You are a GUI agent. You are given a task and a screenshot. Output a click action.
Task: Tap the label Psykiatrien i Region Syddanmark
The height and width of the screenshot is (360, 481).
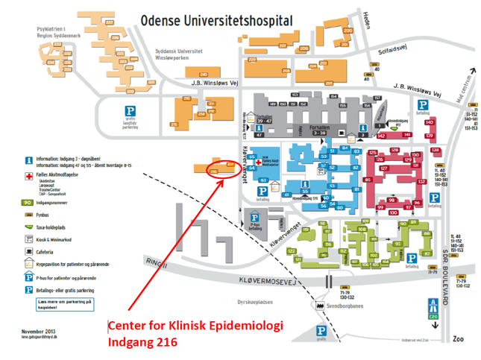click(x=41, y=32)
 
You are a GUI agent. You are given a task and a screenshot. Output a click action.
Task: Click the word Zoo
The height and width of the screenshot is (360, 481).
click(x=459, y=338)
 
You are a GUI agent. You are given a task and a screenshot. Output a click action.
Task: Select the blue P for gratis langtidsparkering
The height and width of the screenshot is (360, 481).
click(x=130, y=112)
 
